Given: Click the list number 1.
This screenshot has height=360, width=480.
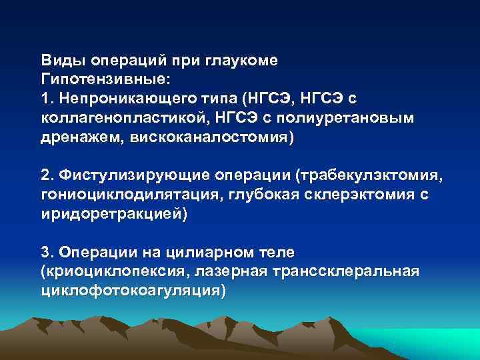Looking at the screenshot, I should (x=45, y=99).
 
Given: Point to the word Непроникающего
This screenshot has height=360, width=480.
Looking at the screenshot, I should (x=118, y=99).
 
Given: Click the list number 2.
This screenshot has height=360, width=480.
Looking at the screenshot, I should (x=45, y=175).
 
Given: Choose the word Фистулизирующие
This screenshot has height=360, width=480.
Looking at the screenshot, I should (x=134, y=175).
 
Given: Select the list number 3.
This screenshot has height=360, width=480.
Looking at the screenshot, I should (x=45, y=253).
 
